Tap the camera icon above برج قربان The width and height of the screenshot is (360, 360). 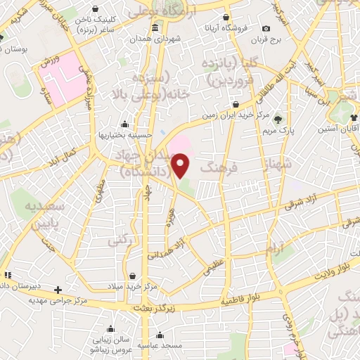point(266,29)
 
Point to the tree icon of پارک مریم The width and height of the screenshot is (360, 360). point(278,118)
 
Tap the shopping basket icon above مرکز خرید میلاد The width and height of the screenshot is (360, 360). point(133,276)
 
